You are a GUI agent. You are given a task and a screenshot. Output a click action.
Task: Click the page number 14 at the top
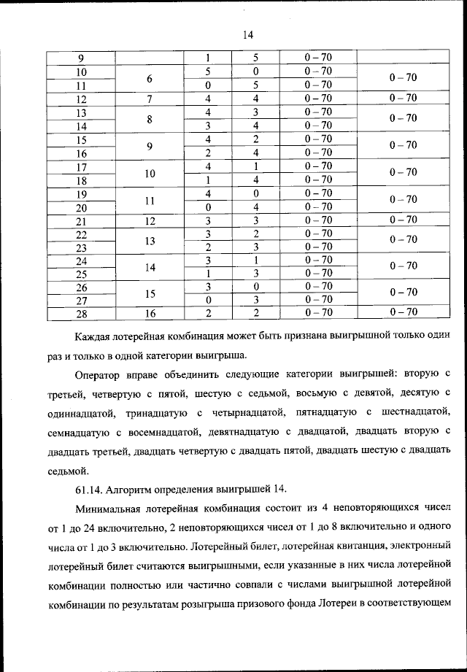coord(247,34)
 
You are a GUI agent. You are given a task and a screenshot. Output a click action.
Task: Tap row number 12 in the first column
coord(82,99)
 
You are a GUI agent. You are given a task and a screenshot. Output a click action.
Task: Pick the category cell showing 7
coord(150,99)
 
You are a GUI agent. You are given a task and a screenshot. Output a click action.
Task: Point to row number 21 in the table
coord(82,220)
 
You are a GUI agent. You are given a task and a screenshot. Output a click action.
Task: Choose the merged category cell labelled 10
coord(150,173)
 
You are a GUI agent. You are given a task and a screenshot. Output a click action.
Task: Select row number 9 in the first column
coord(82,58)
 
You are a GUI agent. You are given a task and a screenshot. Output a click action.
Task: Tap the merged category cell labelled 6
coord(150,78)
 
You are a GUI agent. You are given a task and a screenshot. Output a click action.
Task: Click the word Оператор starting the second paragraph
coord(100,374)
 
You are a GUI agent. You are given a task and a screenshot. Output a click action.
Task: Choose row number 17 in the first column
coord(82,166)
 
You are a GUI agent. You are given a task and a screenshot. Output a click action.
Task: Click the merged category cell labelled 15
coord(150,292)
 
